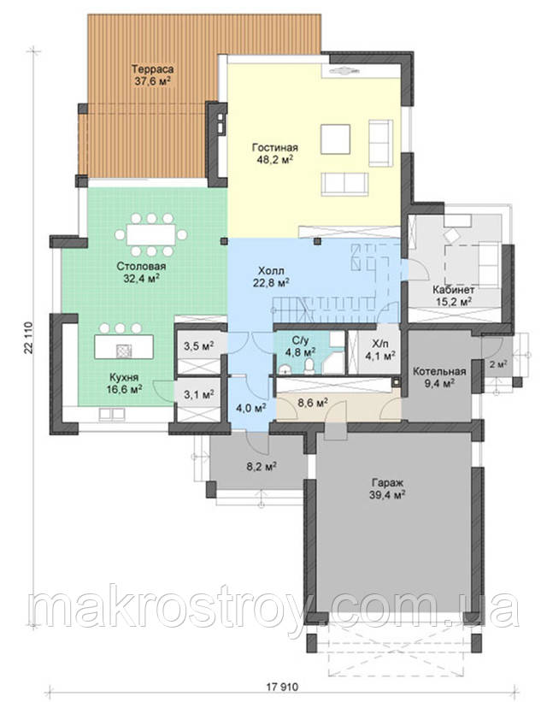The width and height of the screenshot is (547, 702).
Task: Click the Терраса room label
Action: point(152,69)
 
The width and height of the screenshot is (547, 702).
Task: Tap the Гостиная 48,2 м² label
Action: point(275,153)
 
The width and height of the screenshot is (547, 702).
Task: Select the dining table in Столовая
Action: point(150,234)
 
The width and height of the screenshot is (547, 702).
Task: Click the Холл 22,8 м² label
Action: point(271,277)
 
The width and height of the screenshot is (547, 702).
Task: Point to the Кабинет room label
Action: point(454,290)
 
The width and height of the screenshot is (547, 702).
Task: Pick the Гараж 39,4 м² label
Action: point(388,488)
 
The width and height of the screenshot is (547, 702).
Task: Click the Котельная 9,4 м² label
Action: point(439,376)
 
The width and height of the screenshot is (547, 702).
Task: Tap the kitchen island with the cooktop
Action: point(124,346)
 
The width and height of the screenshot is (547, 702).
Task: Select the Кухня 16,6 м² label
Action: point(124,383)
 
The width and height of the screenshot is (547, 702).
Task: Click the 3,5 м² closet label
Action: point(198,345)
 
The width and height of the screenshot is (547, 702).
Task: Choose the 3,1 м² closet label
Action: point(199,394)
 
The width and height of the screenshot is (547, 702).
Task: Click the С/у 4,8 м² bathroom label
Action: point(300,345)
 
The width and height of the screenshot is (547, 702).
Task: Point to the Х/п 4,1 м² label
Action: point(380,351)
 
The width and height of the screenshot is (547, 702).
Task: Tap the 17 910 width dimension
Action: point(282,687)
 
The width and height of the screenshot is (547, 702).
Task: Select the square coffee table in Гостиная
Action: point(335,139)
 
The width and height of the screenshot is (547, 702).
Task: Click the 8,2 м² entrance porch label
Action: point(261,467)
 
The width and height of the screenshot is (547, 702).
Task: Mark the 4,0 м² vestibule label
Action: point(251,407)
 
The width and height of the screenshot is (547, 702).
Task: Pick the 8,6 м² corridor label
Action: point(313,402)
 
